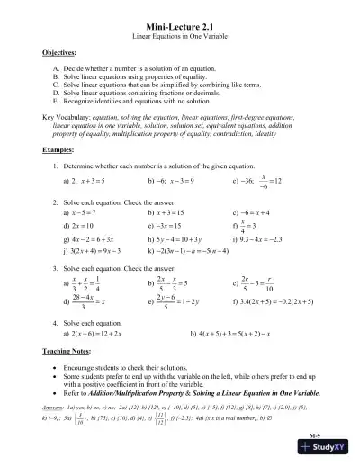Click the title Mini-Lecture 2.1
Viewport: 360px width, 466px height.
point(179,27)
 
